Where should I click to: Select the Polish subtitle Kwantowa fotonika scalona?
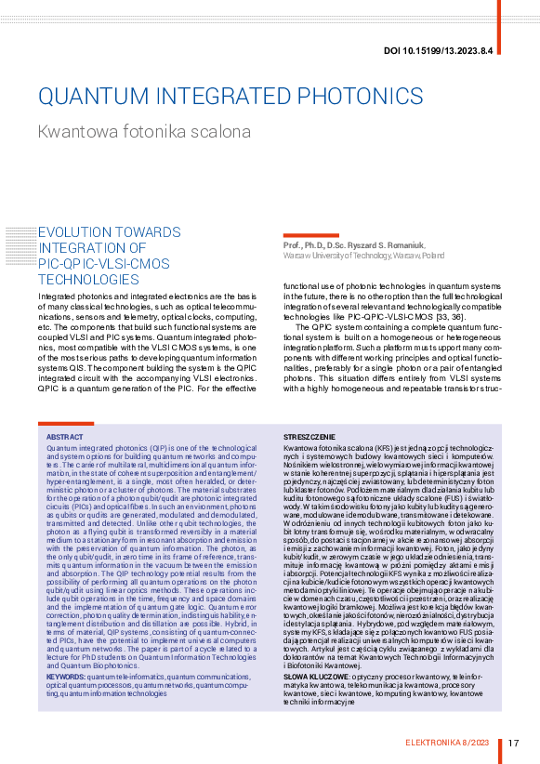click(x=144, y=131)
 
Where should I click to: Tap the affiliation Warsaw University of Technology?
click(x=340, y=254)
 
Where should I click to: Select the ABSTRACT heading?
click(x=64, y=436)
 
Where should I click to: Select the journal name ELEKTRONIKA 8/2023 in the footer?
click(x=451, y=742)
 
